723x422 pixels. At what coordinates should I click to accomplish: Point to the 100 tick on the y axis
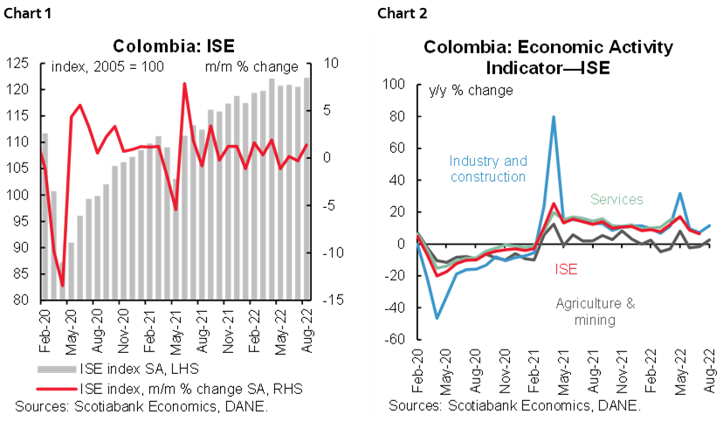[x=395, y=85]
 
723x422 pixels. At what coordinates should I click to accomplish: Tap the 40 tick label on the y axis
[x=398, y=180]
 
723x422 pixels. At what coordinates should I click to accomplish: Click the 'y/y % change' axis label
[x=470, y=90]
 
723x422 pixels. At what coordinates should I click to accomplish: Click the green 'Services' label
[x=616, y=200]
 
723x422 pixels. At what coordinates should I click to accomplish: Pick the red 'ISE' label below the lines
[x=566, y=269]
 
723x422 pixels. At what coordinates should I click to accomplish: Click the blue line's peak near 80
[x=554, y=117]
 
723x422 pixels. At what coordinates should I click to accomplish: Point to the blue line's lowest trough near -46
[x=437, y=318]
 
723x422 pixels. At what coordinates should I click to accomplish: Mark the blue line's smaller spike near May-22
[x=680, y=193]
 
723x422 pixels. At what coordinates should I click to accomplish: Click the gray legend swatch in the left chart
[x=57, y=369]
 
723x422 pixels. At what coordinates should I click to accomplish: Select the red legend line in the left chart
[x=57, y=388]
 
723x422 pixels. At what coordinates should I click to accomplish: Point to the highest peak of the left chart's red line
[x=184, y=84]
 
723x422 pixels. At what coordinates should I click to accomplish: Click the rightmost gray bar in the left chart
[x=306, y=188]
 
